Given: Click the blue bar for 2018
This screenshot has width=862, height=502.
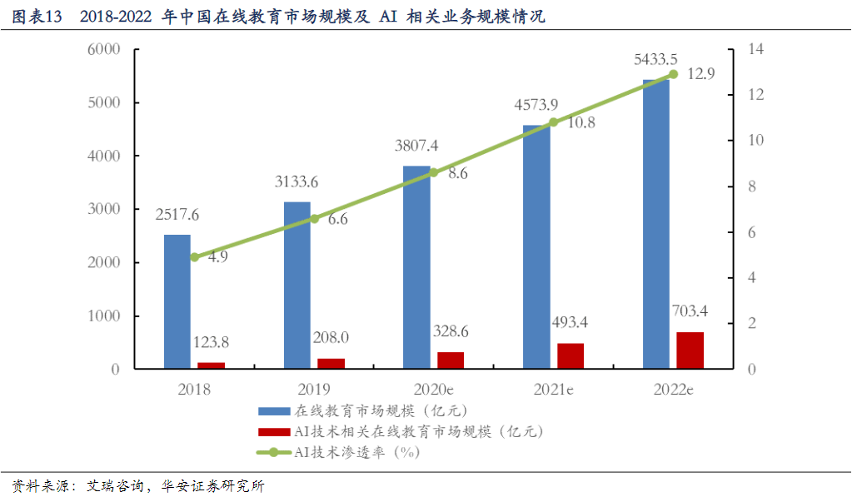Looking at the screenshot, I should pyautogui.click(x=177, y=301).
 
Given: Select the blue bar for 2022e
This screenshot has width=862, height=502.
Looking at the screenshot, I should pyautogui.click(x=655, y=224).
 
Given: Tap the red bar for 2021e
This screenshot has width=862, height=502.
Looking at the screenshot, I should pyautogui.click(x=571, y=355).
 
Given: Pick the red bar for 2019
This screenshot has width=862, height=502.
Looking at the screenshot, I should pyautogui.click(x=331, y=363).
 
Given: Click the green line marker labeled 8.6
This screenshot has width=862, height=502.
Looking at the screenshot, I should pyautogui.click(x=433, y=172).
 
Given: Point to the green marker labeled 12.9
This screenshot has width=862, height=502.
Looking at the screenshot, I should pyautogui.click(x=673, y=74).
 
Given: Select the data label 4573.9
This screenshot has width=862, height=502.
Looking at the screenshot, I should pyautogui.click(x=536, y=105).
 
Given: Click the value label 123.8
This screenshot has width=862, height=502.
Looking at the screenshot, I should pyautogui.click(x=211, y=341).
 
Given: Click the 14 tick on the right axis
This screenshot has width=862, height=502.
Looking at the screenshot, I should pyautogui.click(x=755, y=49).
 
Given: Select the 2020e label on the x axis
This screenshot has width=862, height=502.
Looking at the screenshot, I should pyautogui.click(x=433, y=390).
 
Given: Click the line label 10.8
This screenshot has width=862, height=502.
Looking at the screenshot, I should pyautogui.click(x=581, y=122).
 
